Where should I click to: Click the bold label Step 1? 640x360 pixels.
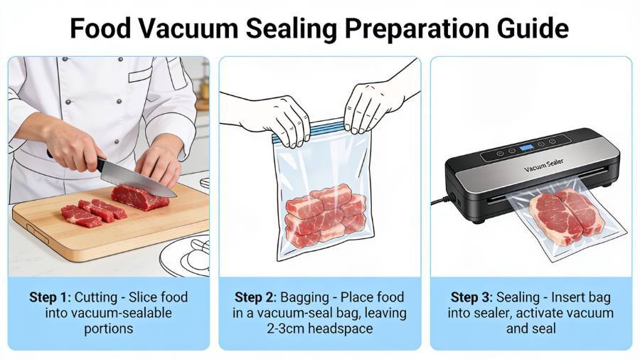(48, 297)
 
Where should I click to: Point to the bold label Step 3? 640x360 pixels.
(470, 297)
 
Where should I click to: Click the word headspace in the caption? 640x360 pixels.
(338, 329)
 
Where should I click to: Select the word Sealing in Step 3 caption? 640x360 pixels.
(518, 297)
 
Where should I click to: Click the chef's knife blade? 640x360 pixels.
(137, 179)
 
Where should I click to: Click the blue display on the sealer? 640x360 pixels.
(526, 147)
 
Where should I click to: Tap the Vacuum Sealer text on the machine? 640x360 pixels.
(543, 165)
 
